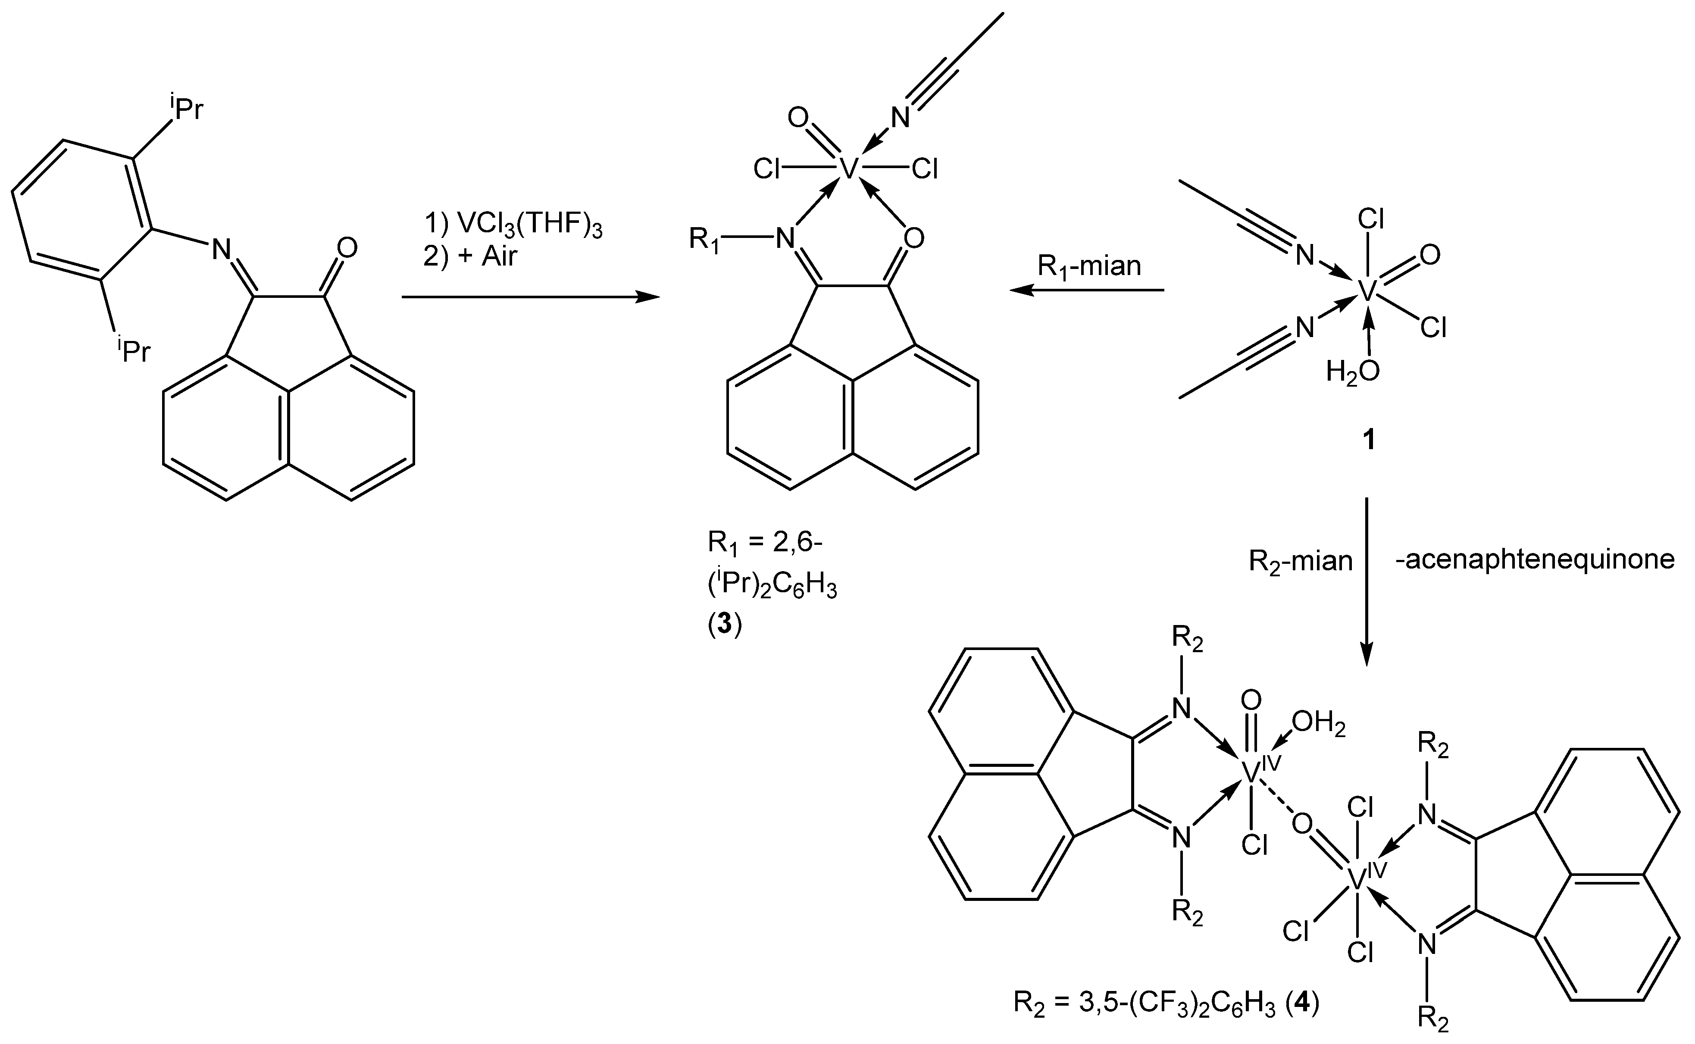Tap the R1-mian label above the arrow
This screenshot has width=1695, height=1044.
point(1089,266)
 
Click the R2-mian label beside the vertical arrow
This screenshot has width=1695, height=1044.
point(1301,561)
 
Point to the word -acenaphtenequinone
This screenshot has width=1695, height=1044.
point(1534,560)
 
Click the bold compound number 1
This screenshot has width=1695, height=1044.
point(1367,440)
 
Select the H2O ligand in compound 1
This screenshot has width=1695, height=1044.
point(1353,372)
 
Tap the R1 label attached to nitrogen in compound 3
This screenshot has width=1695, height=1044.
point(705,240)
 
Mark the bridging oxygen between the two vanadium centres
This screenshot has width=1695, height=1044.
point(1301,823)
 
